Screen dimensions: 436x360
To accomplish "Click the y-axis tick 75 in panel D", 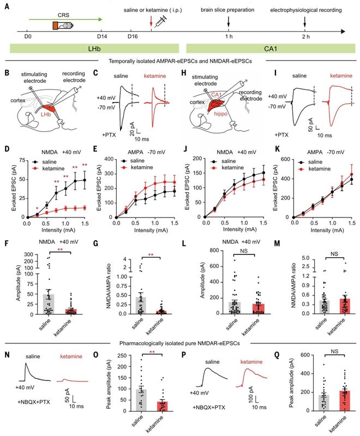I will click(x=20, y=159).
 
